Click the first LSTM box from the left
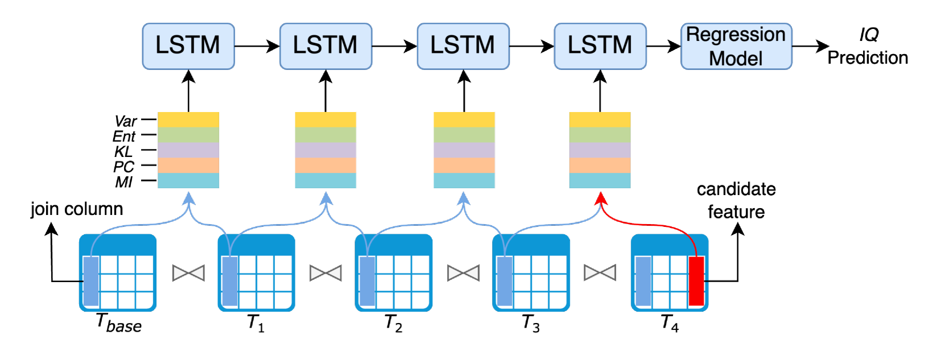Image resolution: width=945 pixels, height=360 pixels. [x=188, y=46]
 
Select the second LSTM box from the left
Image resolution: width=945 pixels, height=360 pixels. [x=325, y=46]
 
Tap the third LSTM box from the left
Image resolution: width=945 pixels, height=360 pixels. [x=463, y=46]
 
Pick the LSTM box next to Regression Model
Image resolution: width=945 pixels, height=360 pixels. [x=600, y=46]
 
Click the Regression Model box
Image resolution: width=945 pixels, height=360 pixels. [x=736, y=46]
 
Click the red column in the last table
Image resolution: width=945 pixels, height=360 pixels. [x=696, y=280]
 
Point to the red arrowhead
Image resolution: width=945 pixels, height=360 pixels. [x=601, y=198]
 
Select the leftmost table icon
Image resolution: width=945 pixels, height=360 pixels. [x=118, y=273]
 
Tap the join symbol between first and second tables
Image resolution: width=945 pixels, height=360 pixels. [x=188, y=273]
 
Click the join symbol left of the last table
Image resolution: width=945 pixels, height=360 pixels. [x=600, y=273]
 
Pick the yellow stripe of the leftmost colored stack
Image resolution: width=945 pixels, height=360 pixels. [x=188, y=119]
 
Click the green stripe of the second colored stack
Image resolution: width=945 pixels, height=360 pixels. [x=325, y=135]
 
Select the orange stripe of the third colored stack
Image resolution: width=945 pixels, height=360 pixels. [x=464, y=165]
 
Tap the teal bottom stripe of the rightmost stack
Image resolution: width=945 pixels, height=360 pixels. [x=600, y=180]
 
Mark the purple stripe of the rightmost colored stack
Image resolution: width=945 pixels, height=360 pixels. [x=600, y=150]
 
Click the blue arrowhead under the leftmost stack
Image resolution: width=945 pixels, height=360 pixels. [x=188, y=198]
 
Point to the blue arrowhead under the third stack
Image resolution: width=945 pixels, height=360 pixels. [x=464, y=198]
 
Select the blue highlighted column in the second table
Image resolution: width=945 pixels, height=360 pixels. [x=230, y=280]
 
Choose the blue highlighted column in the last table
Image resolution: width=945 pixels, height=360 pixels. [x=643, y=280]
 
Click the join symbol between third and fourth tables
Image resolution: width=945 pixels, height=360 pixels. [x=463, y=273]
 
